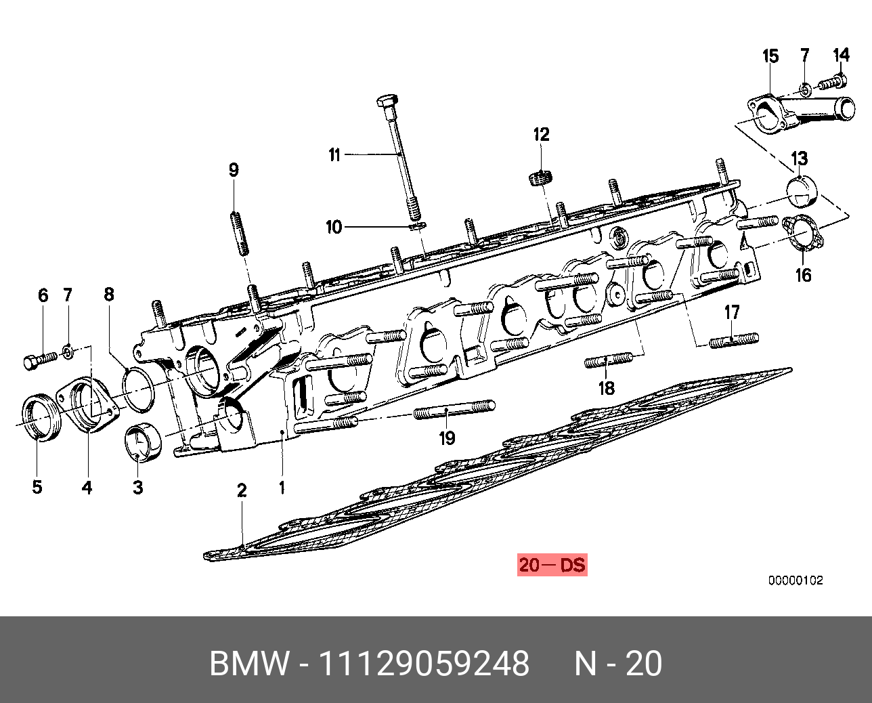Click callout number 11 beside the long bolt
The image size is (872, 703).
(334, 155)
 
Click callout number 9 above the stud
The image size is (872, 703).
(234, 170)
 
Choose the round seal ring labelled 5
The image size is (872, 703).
(42, 420)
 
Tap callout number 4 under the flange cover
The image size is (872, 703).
(87, 486)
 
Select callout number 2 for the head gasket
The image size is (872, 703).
(241, 490)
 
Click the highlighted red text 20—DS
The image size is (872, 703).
(552, 564)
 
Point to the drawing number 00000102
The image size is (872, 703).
(795, 580)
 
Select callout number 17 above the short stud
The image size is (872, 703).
(732, 313)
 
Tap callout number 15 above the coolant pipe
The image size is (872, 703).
(770, 56)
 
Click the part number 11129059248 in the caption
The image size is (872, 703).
(424, 664)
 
